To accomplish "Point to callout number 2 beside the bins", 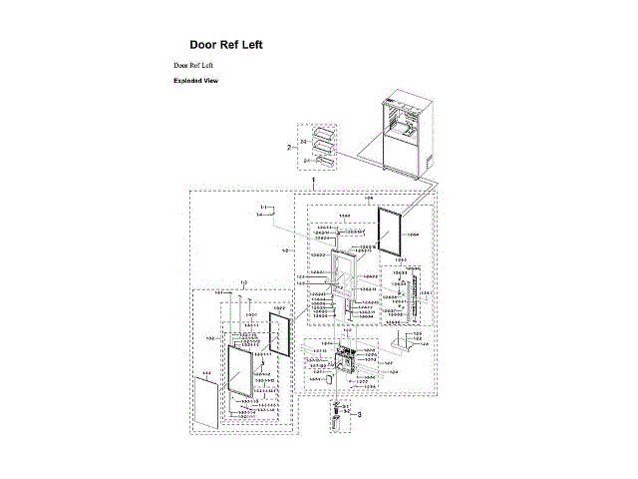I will pyautogui.click(x=289, y=147).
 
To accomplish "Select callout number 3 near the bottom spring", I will pyautogui.click(x=360, y=413).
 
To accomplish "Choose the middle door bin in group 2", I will pyautogui.click(x=323, y=147).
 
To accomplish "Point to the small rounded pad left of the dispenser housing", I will pyautogui.click(x=330, y=380).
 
